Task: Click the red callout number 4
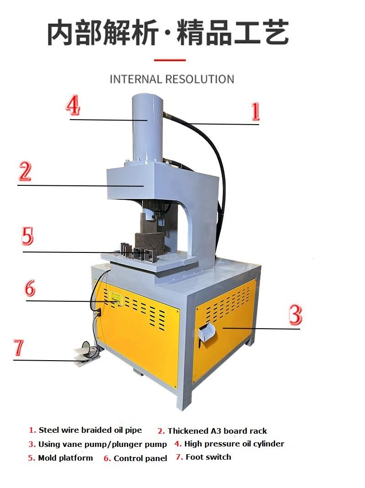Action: (73, 106)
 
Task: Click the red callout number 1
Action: (255, 111)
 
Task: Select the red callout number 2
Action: (25, 172)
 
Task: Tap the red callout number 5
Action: (27, 236)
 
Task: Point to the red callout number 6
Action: (30, 288)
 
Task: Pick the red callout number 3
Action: (295, 315)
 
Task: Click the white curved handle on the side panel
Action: (207, 332)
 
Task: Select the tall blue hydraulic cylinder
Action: (146, 128)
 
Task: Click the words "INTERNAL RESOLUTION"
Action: (172, 79)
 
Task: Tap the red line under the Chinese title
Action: (170, 60)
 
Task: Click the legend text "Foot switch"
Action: (209, 457)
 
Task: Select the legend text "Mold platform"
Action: (65, 458)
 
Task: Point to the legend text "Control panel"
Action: (141, 458)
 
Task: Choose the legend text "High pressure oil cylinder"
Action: (234, 444)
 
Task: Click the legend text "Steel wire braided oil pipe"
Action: (90, 430)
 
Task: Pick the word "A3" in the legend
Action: (216, 431)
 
